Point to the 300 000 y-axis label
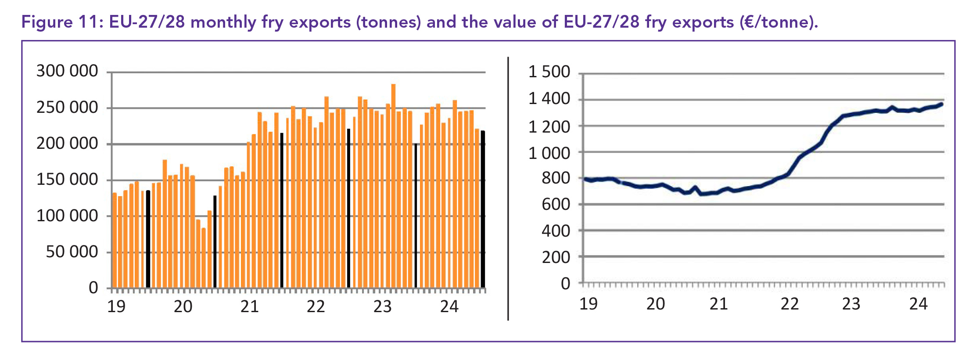pos(67,71)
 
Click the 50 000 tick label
pos(72,252)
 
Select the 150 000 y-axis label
pos(67,179)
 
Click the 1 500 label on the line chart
pos(549,72)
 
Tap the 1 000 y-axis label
pos(549,153)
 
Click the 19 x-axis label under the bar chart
pos(116,306)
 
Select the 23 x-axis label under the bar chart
pos(382,306)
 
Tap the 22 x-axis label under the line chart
pos(789,304)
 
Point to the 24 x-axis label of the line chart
pos(918,304)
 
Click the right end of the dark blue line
pos(941,104)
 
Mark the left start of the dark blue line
pos(585,179)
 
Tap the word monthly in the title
pos(223,22)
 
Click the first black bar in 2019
pos(148,239)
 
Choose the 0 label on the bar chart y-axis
pos(93,288)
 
